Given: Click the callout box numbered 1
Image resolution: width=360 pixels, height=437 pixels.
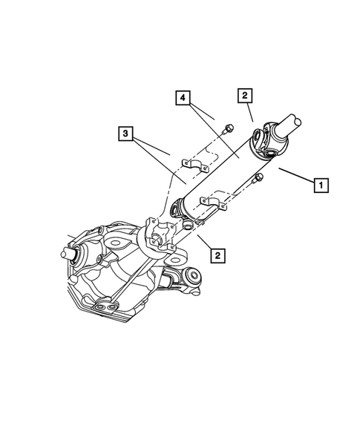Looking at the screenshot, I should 320,185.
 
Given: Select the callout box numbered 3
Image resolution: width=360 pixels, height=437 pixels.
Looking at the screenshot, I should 126,134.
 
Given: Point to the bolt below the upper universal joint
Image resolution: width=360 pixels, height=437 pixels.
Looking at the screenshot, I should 258,177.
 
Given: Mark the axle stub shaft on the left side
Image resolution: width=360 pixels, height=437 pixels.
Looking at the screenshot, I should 71,252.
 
